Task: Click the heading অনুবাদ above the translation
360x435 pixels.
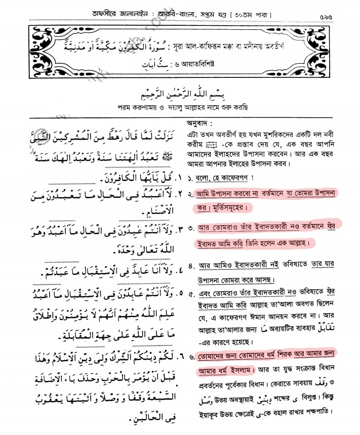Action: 198,123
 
